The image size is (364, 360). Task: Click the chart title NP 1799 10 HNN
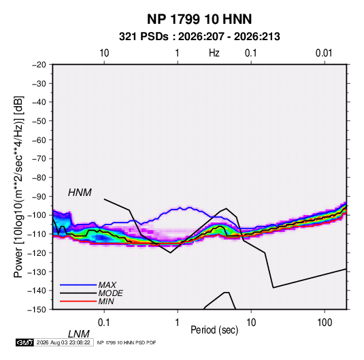pyautogui.click(x=199, y=19)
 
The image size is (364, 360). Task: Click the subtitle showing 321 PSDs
pyautogui.click(x=199, y=37)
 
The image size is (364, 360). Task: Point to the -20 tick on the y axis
pyautogui.click(x=39, y=65)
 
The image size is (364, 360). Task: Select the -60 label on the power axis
pyautogui.click(x=39, y=140)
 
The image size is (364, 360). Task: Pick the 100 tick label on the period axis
pyautogui.click(x=325, y=323)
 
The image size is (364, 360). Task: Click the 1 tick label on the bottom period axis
pyautogui.click(x=178, y=323)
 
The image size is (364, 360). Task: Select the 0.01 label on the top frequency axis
pyautogui.click(x=324, y=53)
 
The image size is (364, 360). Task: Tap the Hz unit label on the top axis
pyautogui.click(x=214, y=53)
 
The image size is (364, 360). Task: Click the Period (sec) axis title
pyautogui.click(x=214, y=330)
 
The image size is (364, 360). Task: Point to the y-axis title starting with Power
pyautogui.click(x=18, y=186)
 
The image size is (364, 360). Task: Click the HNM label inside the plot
pyautogui.click(x=80, y=193)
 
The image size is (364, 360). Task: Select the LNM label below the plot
pyautogui.click(x=78, y=334)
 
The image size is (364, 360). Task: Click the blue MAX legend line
pyautogui.click(x=78, y=284)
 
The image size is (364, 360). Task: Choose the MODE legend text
pyautogui.click(x=110, y=293)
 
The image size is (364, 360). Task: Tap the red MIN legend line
pyautogui.click(x=78, y=301)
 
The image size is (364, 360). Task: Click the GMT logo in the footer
pyautogui.click(x=25, y=342)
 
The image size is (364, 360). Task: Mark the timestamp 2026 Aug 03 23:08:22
pyautogui.click(x=63, y=342)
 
